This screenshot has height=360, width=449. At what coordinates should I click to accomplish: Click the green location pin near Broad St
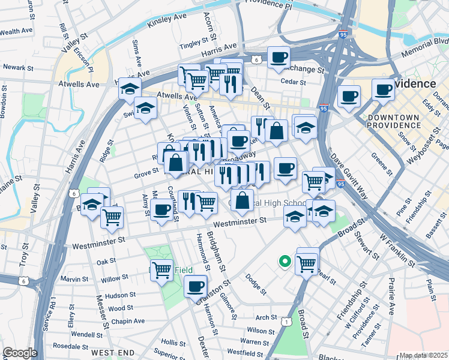click(x=285, y=262)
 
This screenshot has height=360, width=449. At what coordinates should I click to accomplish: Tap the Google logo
click(x=20, y=353)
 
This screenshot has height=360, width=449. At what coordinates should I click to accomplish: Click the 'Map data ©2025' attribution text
click(x=423, y=355)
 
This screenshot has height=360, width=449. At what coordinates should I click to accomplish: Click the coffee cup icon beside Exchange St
click(x=279, y=58)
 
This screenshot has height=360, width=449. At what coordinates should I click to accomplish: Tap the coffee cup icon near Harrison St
click(x=195, y=286)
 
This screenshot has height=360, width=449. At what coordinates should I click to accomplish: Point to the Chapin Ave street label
click(x=127, y=321)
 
